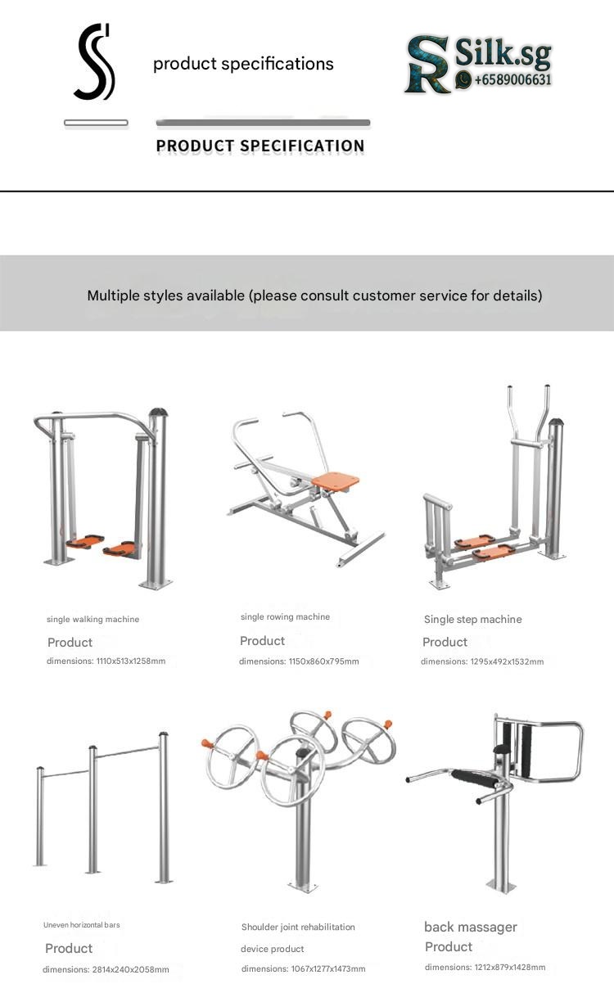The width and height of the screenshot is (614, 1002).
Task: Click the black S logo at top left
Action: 94,62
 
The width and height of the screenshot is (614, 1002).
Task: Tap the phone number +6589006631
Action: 512,79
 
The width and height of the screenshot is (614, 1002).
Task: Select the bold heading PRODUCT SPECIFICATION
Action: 260,146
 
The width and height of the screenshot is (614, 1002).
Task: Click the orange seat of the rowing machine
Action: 336,482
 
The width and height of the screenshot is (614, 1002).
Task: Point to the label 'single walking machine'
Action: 93,619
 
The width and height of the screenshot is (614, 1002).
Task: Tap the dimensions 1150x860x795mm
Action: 323,661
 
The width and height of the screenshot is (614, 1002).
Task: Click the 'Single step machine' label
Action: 472,619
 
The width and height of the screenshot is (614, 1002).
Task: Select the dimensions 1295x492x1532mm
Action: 507,661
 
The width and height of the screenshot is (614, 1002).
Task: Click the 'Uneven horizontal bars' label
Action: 81,924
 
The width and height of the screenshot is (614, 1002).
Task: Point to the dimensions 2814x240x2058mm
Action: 131,969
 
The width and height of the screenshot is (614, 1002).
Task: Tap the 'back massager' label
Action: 471,927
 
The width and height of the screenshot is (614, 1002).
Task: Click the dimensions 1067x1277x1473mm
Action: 328,968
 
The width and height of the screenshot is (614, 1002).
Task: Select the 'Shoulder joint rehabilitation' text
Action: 298,927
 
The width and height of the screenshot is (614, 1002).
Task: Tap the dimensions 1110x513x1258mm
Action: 131,661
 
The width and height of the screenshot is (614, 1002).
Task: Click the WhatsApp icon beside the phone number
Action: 463,80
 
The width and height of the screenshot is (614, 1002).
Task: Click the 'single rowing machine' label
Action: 286,616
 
